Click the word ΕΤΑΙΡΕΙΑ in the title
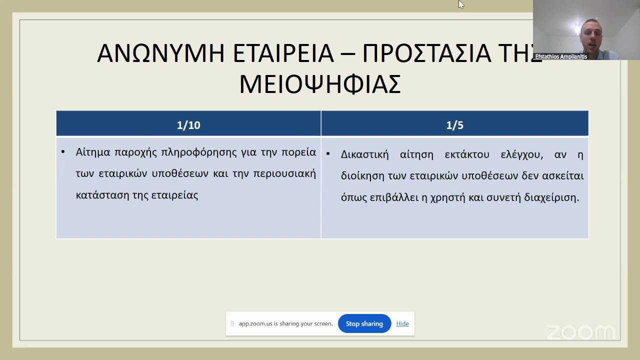(x=283, y=53)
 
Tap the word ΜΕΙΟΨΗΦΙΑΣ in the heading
(x=320, y=84)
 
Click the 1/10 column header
(x=188, y=125)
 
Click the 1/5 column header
(x=454, y=125)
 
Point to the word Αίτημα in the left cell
(x=93, y=152)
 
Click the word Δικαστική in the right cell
(x=364, y=154)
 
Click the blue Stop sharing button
(x=364, y=323)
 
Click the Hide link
(x=402, y=323)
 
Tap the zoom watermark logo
(x=580, y=332)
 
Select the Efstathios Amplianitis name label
(x=561, y=56)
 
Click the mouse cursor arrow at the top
(x=460, y=4)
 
